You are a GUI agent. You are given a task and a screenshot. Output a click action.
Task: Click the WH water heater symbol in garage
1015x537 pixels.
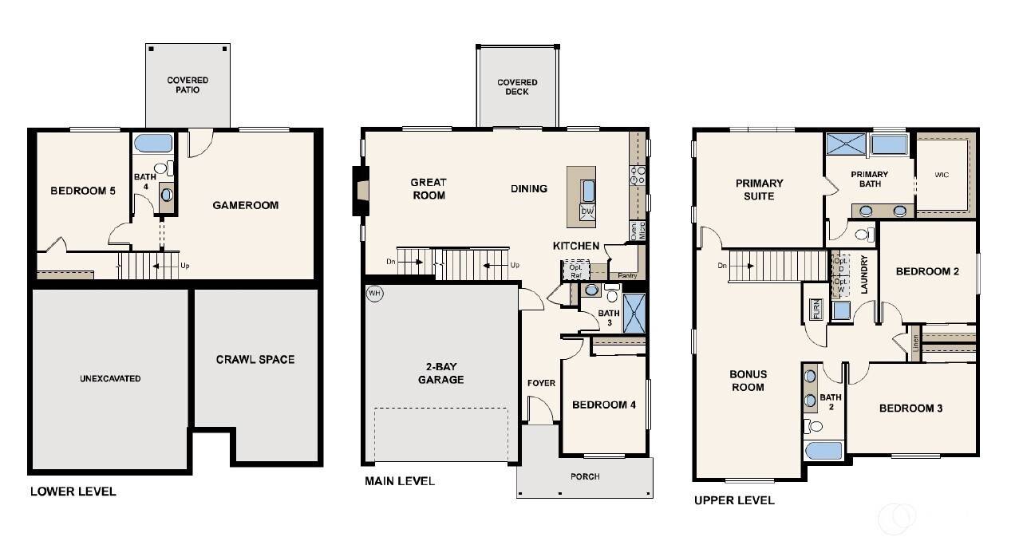(x=374, y=293)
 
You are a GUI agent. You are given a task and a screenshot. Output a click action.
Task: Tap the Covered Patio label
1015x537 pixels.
(x=188, y=85)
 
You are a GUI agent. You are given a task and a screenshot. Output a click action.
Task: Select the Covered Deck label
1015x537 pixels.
(x=517, y=87)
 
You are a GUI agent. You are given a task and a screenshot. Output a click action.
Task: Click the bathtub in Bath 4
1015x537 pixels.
(x=152, y=144)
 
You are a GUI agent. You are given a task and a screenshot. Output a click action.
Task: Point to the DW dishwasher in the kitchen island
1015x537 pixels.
(x=587, y=211)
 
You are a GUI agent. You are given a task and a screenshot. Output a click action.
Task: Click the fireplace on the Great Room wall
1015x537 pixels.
(x=361, y=191)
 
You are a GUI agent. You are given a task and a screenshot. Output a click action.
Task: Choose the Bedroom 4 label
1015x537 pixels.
(x=604, y=405)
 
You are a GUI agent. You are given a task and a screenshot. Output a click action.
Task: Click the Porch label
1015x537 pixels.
(x=585, y=476)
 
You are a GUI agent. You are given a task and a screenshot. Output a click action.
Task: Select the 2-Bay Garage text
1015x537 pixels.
(x=440, y=373)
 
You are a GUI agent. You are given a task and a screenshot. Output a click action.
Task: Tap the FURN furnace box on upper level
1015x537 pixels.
(x=816, y=309)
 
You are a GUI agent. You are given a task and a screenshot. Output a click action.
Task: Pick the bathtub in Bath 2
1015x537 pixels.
(x=824, y=451)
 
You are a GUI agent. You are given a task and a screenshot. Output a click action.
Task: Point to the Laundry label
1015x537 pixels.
(x=863, y=275)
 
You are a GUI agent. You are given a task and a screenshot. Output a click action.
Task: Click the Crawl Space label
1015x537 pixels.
(x=255, y=360)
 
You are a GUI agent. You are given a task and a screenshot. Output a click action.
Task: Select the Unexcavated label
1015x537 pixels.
(x=110, y=378)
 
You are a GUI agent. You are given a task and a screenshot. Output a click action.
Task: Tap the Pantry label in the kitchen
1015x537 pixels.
(x=628, y=274)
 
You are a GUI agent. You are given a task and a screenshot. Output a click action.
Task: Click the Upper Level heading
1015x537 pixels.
(x=734, y=500)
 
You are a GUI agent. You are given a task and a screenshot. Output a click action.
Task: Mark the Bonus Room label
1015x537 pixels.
(x=748, y=381)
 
